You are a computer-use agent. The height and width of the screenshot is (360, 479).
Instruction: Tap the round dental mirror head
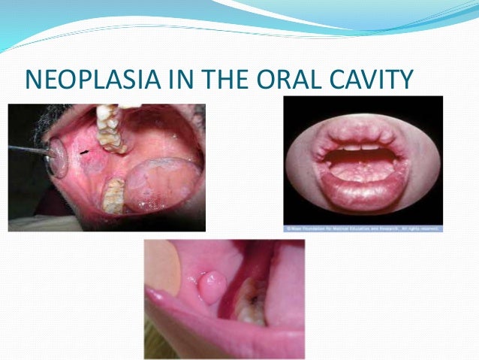[x=56, y=159]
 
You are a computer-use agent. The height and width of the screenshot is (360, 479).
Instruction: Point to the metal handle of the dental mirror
[x=23, y=151]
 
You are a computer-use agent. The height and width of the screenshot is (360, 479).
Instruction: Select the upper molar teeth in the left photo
[x=111, y=128]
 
